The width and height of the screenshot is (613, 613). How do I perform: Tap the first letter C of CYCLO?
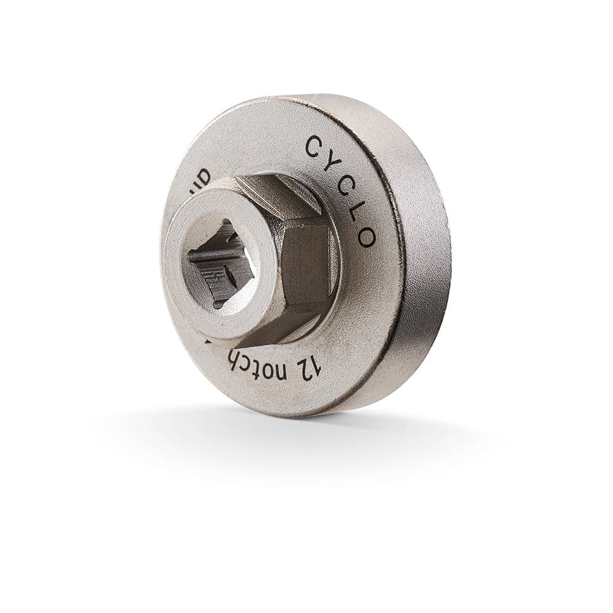(313, 147)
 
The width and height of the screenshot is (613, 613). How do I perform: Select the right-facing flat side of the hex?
(306, 264)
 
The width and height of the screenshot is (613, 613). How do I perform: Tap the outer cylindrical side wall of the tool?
(423, 257)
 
